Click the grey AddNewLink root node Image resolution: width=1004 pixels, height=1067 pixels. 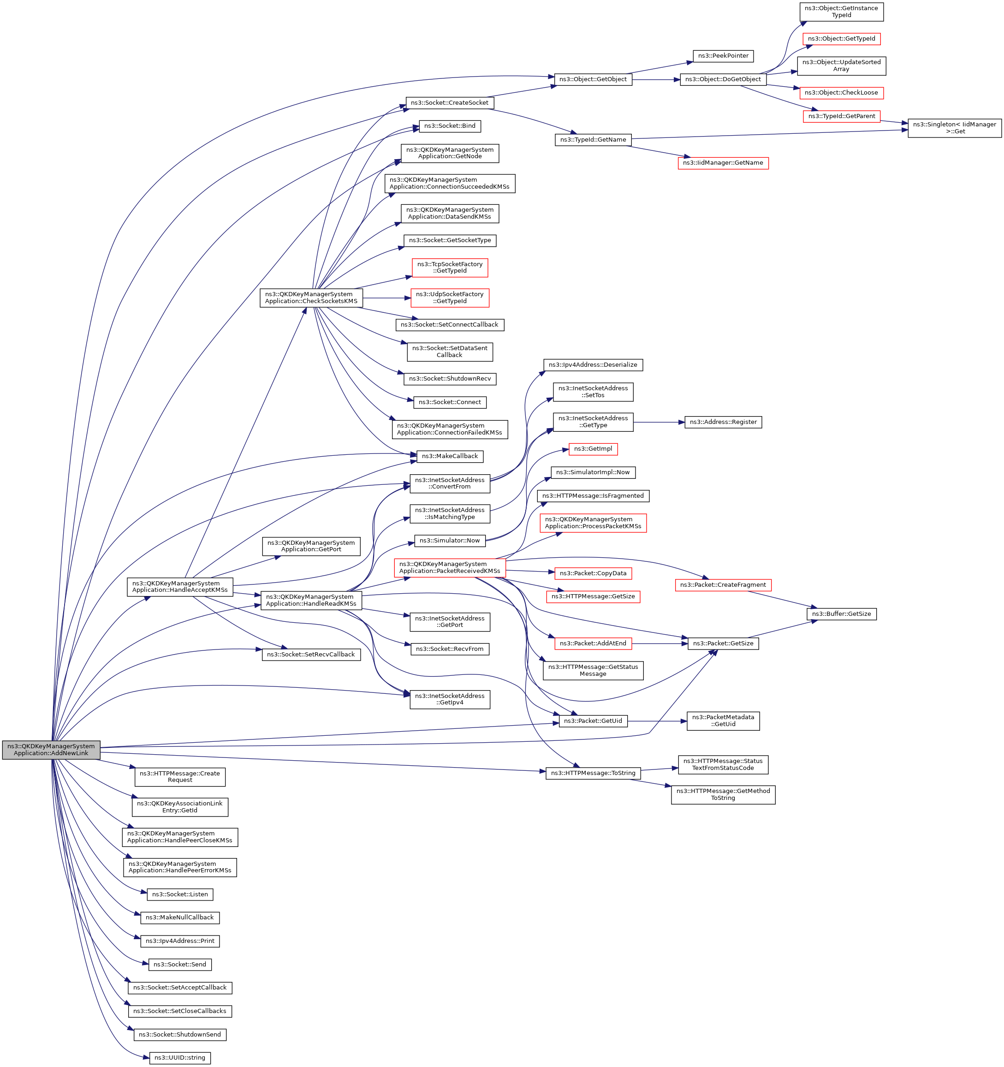[x=51, y=750]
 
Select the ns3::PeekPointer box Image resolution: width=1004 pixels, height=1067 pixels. [x=723, y=56]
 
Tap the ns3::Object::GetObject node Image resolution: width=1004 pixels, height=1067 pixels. [x=593, y=79]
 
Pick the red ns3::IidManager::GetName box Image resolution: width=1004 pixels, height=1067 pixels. [x=723, y=163]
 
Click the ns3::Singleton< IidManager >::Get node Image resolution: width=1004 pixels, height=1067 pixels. [x=954, y=128]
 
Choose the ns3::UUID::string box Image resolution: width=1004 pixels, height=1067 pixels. [x=180, y=1058]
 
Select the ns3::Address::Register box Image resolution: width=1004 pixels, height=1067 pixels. [x=723, y=423]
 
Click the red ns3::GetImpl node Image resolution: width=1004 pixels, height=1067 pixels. [x=593, y=449]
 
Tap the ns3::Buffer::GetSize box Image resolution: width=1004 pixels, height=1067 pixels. [x=841, y=614]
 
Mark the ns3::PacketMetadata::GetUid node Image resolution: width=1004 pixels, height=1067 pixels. [x=723, y=721]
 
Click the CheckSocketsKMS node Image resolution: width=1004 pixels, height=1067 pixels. [x=311, y=298]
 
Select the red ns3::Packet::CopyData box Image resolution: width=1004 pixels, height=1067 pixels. [x=593, y=574]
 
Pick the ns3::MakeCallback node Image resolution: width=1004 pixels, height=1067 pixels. [x=450, y=456]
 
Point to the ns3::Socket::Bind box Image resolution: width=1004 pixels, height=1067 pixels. [x=450, y=126]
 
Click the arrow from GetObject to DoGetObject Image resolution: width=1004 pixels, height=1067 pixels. [x=656, y=79]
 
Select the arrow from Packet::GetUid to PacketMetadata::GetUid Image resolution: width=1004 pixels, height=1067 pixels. [x=657, y=721]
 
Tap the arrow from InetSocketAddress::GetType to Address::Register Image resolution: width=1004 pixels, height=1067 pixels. [x=659, y=423]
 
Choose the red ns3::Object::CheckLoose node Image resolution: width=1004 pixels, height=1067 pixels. [x=841, y=93]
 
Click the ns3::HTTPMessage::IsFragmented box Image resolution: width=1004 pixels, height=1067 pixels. [x=593, y=496]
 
